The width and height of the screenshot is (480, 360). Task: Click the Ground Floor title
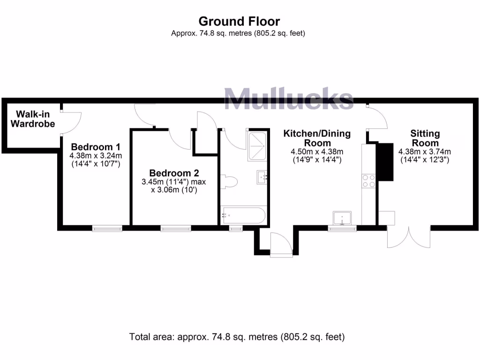239,21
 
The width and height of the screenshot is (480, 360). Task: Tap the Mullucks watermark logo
288,99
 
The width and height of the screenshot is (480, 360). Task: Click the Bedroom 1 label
92,146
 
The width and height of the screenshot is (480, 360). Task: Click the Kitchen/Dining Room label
317,138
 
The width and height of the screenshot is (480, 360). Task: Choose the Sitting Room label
424,138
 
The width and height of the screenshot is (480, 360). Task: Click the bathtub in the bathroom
243,216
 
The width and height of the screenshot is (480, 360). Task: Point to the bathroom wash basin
262,177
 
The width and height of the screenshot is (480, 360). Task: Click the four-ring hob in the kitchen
368,180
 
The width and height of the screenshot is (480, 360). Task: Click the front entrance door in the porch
281,244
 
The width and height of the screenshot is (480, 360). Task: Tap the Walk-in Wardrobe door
73,123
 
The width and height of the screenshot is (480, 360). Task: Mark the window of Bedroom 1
107,228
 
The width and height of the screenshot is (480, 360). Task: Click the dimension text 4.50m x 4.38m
317,151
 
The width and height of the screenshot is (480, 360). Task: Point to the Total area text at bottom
237,337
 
